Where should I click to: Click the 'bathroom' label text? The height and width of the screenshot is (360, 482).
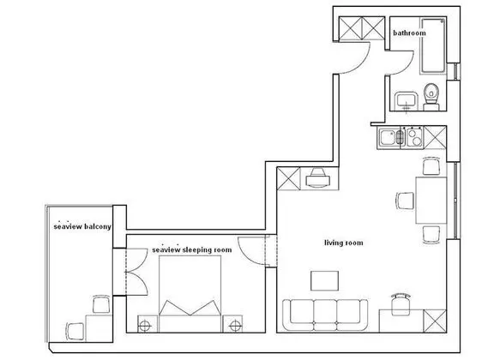tap(409, 33)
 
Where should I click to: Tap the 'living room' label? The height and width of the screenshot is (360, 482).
tap(343, 243)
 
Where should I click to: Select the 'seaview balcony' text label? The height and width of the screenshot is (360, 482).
tap(81, 228)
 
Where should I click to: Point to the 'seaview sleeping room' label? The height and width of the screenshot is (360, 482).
tap(192, 249)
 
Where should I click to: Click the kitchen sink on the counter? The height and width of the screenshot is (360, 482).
tap(391, 136)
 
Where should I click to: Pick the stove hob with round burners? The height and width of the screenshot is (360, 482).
tap(415, 136)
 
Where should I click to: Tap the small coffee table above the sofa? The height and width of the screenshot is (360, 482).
tap(325, 281)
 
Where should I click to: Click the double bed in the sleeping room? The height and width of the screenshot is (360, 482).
tap(189, 296)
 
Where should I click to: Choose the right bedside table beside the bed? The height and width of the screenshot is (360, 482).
tap(233, 323)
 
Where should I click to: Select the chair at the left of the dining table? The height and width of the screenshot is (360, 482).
tap(404, 201)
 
